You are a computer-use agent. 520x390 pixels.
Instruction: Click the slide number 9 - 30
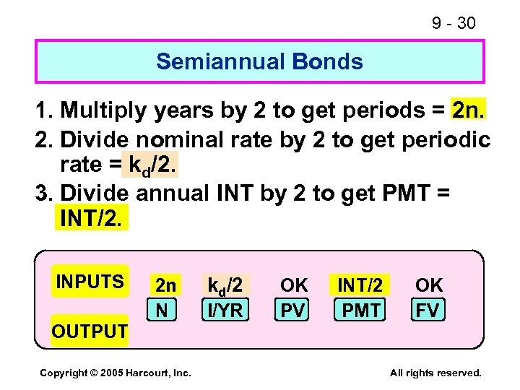(454, 23)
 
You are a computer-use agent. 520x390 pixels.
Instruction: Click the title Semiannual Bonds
(259, 61)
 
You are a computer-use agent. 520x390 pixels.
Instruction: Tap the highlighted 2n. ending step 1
(468, 110)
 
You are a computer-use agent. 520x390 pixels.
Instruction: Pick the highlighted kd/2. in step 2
(151, 165)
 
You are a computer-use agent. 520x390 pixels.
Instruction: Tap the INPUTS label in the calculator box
(90, 281)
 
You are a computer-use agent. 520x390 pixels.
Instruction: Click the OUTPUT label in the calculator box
(89, 331)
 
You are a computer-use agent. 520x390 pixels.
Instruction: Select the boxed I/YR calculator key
(226, 310)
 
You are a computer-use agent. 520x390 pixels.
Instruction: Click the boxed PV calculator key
(292, 310)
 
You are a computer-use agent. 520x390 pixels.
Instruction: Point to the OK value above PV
(294, 285)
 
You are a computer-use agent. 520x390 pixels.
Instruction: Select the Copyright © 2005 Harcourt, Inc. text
(115, 373)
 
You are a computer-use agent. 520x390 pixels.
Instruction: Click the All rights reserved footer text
(435, 373)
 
